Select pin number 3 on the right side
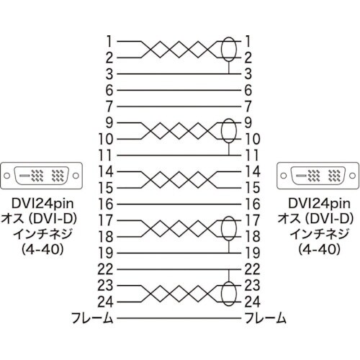[248, 73]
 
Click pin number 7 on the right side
[248, 106]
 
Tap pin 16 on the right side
[251, 204]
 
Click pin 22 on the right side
[251, 269]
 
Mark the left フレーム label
[91, 318]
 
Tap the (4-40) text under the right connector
[315, 251]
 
